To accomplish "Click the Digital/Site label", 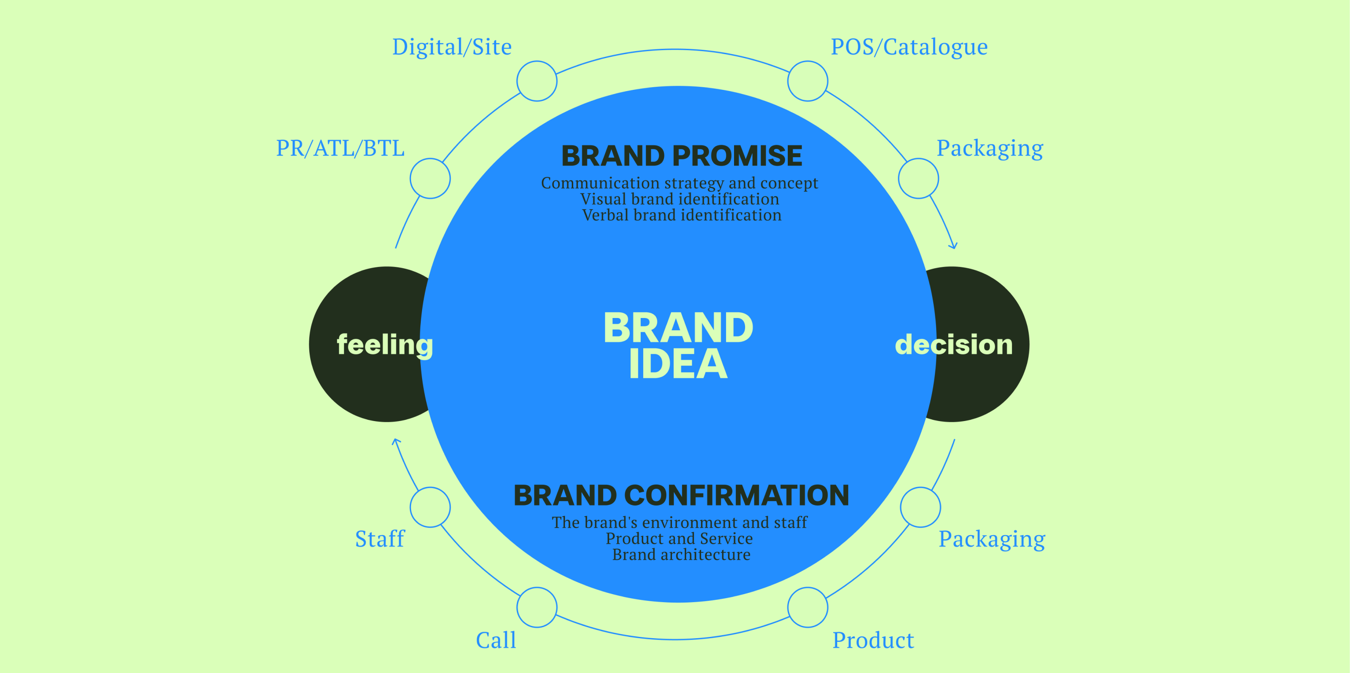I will (452, 47).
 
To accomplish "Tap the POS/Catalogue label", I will (909, 47).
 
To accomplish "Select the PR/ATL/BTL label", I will (340, 148).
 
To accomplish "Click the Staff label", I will (380, 539).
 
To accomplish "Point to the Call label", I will (496, 640).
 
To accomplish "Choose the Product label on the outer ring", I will (873, 640).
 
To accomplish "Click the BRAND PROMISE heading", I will (681, 155).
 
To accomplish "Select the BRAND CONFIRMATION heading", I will (681, 496).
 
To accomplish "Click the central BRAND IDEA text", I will (678, 345).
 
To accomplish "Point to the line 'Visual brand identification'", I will (680, 199).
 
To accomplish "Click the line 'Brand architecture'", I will (681, 555).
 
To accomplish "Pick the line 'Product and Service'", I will (679, 538).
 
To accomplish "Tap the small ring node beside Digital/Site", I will (537, 81).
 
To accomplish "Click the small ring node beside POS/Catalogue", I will (808, 81).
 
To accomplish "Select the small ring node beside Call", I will (537, 607).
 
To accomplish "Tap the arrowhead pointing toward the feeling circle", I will (397, 441).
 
